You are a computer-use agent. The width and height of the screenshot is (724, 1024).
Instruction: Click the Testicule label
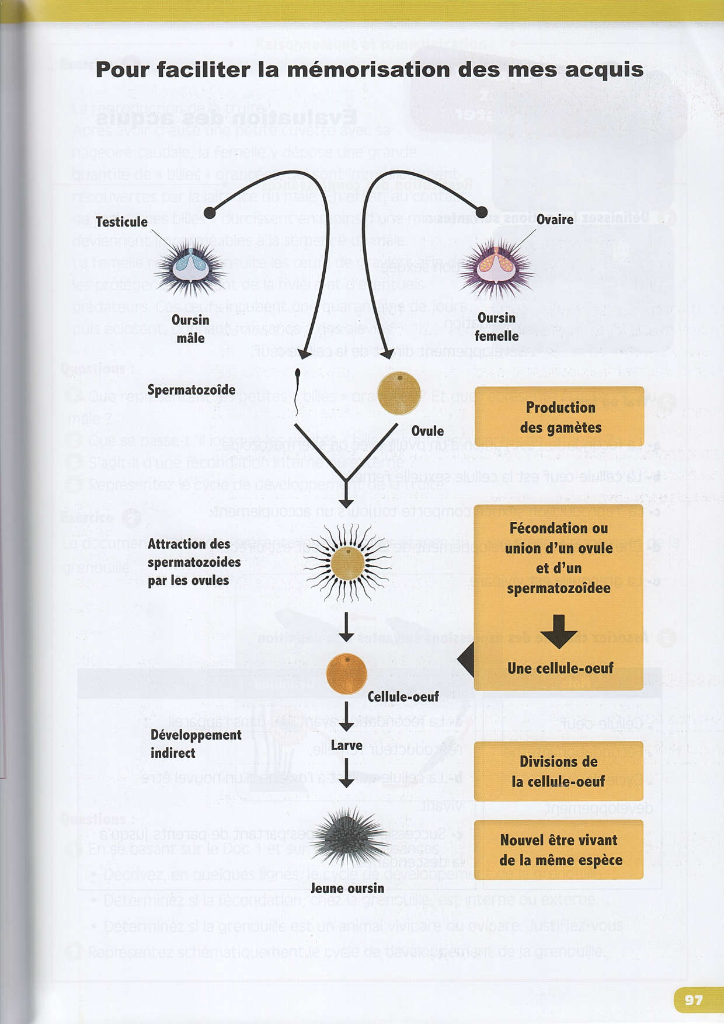[121, 222]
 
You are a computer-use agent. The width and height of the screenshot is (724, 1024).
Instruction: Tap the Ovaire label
[555, 220]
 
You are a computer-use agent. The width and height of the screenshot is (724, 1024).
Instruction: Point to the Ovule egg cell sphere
[399, 393]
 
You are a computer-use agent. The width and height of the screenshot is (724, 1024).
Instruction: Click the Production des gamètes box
[559, 417]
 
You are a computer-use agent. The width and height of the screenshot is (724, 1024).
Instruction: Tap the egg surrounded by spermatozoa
[347, 563]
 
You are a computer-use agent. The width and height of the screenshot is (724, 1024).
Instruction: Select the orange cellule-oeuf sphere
[346, 673]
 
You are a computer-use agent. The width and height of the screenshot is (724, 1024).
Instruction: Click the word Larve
[346, 746]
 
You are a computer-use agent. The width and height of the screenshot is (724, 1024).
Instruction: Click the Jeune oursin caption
[347, 888]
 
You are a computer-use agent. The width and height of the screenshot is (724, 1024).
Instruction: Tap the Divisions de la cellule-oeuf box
[558, 771]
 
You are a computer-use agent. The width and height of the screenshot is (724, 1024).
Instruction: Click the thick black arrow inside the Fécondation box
[558, 631]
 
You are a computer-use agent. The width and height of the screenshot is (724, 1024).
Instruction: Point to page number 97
[693, 999]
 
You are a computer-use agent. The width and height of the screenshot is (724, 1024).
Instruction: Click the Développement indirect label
[195, 744]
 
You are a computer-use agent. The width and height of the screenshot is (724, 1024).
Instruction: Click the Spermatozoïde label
[191, 389]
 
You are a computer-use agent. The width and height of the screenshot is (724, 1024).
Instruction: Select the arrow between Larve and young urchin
[346, 772]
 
